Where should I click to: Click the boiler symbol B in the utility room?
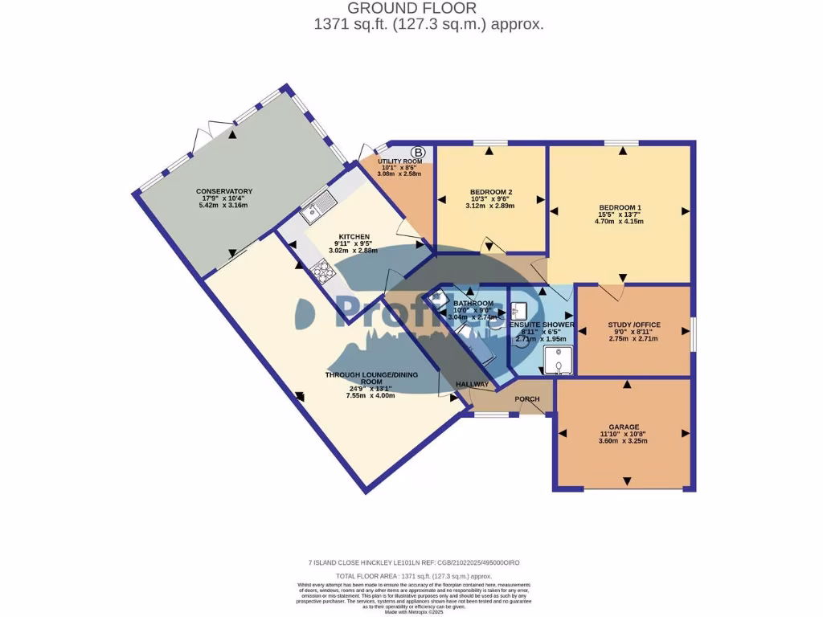(x=418, y=152)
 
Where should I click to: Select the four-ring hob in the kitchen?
(x=323, y=273)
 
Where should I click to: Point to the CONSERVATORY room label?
(x=224, y=191)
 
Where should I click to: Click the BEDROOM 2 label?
(x=491, y=191)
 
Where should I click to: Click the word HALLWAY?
(x=473, y=385)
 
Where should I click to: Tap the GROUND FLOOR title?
(x=428, y=9)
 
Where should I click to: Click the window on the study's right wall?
(x=693, y=329)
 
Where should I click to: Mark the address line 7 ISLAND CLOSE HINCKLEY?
(x=362, y=563)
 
